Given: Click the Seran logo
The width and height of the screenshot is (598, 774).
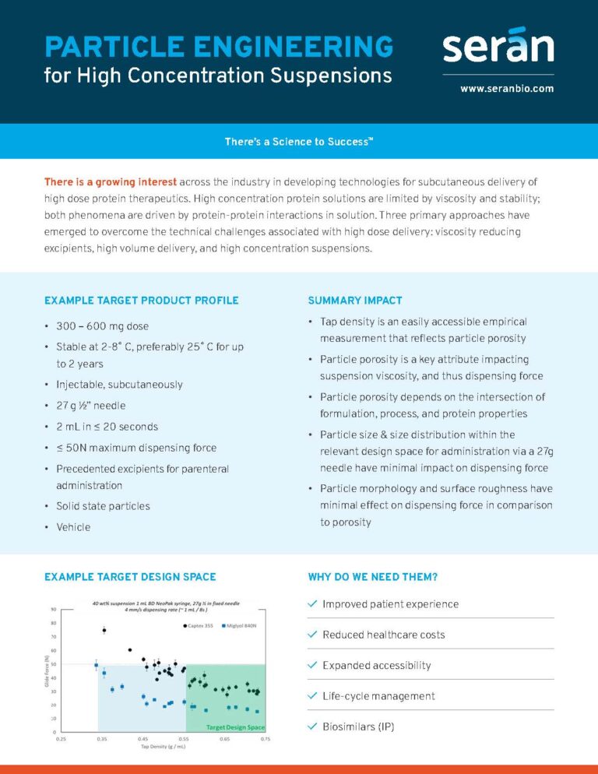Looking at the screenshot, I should pyautogui.click(x=498, y=46).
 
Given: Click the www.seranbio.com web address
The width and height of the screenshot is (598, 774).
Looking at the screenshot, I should pyautogui.click(x=507, y=89).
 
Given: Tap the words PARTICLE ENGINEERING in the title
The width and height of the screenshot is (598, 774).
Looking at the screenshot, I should pyautogui.click(x=219, y=46).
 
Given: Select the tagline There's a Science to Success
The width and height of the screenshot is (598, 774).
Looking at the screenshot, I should pyautogui.click(x=299, y=142).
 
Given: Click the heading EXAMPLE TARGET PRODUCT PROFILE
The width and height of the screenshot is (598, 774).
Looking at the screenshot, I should pyautogui.click(x=142, y=301).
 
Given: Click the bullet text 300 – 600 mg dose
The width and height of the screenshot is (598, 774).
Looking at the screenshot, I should pyautogui.click(x=102, y=325).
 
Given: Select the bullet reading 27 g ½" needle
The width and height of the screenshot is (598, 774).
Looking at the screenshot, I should pyautogui.click(x=90, y=406).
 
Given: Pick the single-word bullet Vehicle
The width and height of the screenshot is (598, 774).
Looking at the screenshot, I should pyautogui.click(x=73, y=527).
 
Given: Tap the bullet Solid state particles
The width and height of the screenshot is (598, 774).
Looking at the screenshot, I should pyautogui.click(x=103, y=506).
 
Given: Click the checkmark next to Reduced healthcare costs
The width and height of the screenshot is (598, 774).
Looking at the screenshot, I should pyautogui.click(x=312, y=635).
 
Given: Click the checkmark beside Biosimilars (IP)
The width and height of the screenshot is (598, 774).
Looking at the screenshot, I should pyautogui.click(x=312, y=727).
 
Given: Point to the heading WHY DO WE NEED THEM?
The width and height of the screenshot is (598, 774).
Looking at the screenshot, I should pyautogui.click(x=373, y=577).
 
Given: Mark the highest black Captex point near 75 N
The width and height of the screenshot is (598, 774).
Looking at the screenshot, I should pyautogui.click(x=104, y=630).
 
